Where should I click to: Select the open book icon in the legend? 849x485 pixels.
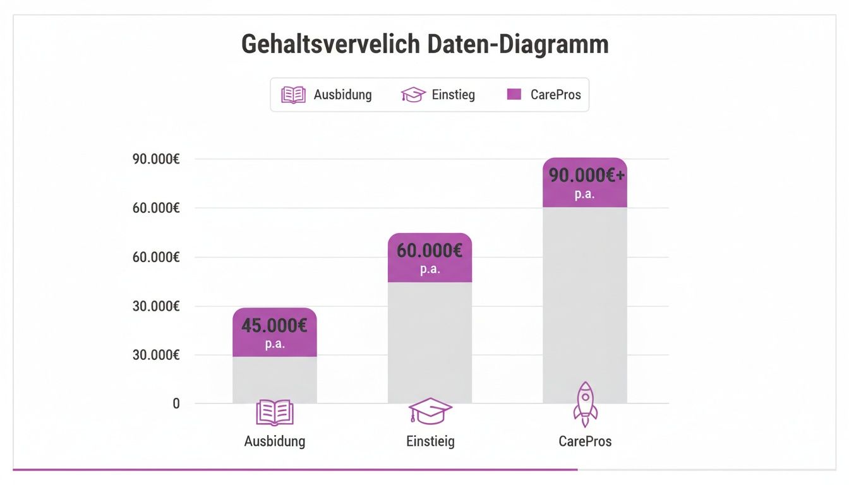[293, 95]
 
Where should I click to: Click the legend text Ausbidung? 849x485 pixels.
[342, 95]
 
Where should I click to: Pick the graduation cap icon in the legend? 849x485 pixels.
[413, 95]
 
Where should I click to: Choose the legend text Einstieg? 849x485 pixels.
[453, 95]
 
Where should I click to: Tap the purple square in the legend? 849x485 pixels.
[514, 95]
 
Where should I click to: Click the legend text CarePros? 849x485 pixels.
[555, 95]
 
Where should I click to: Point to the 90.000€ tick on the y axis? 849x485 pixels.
[156, 159]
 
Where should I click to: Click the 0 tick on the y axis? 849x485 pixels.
[176, 404]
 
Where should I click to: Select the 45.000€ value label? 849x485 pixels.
[274, 326]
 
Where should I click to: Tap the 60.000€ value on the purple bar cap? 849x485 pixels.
[430, 251]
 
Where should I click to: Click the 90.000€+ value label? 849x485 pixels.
[587, 176]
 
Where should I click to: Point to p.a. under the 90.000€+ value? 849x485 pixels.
[584, 195]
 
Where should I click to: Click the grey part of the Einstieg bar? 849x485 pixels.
[430, 341]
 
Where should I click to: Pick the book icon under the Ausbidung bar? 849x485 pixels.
[275, 412]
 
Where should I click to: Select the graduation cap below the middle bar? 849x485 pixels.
[430, 411]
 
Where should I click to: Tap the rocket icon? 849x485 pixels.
[585, 404]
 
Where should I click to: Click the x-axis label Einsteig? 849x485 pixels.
[430, 441]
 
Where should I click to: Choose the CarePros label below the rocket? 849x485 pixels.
[585, 441]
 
